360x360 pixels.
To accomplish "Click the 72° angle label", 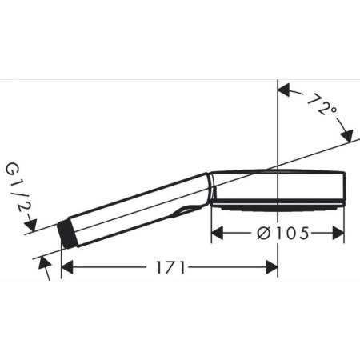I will [x=320, y=104].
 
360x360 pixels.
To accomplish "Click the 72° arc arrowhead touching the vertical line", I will [x=283, y=90].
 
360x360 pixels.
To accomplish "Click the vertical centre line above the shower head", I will [x=278, y=128].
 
